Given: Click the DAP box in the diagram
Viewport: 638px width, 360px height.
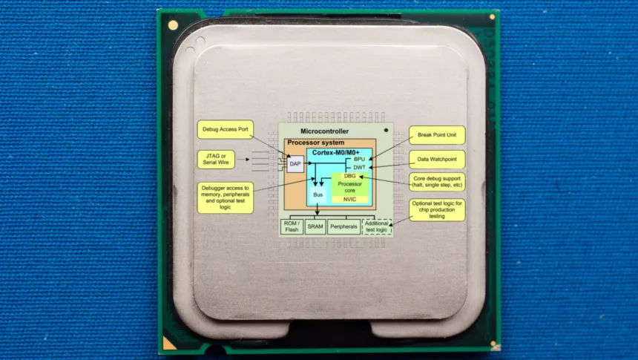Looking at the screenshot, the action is (295, 164).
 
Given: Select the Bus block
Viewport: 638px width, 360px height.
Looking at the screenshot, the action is (318, 195).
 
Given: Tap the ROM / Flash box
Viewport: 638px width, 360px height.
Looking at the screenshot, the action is (292, 226).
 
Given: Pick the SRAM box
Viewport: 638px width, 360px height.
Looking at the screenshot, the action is (315, 226).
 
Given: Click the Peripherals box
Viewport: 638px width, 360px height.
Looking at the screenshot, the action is (343, 226).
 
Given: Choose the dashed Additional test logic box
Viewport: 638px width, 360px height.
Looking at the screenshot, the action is (377, 226).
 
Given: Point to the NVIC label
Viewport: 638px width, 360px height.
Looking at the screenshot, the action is (349, 199).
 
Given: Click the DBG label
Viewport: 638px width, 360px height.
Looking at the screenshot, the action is (350, 176).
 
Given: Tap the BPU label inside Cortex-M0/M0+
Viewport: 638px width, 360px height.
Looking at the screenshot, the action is (359, 160).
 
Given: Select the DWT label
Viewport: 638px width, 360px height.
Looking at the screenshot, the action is (359, 167).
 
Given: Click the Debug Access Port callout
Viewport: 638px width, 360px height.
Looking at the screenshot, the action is (226, 129).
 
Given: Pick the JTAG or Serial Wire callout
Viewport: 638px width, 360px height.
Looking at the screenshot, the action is (216, 160).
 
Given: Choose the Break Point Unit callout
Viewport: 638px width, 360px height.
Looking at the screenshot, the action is (437, 135).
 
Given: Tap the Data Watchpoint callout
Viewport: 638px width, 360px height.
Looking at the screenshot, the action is (437, 160).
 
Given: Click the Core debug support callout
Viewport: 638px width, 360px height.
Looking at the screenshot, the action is (437, 182).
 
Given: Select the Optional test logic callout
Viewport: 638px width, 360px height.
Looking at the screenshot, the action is (437, 210).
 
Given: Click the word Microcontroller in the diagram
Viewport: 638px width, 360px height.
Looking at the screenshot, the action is (325, 131).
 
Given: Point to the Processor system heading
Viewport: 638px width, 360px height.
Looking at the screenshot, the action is (316, 143).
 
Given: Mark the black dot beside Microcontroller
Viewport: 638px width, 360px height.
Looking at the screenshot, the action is (386, 131).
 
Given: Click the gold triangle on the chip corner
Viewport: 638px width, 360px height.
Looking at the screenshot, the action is (168, 344).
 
